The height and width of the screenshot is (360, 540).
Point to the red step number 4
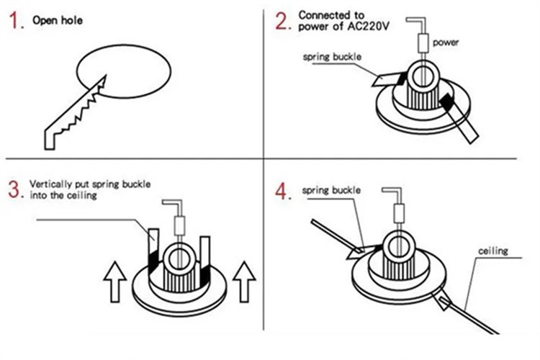pyautogui.click(x=282, y=191)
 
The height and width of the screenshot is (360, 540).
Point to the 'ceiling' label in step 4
pyautogui.click(x=493, y=251)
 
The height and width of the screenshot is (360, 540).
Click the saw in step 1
pyautogui.click(x=72, y=115)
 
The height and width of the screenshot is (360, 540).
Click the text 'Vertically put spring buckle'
pyautogui.click(x=90, y=184)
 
